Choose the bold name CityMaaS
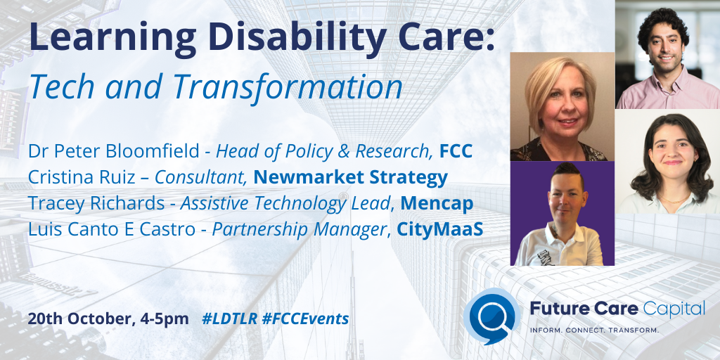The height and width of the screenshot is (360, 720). [439, 229]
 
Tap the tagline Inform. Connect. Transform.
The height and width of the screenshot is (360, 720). [595, 329]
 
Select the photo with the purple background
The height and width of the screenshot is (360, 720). [562, 213]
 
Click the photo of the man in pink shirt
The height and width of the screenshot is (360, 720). [667, 54]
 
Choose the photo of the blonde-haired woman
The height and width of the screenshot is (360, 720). [562, 107]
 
